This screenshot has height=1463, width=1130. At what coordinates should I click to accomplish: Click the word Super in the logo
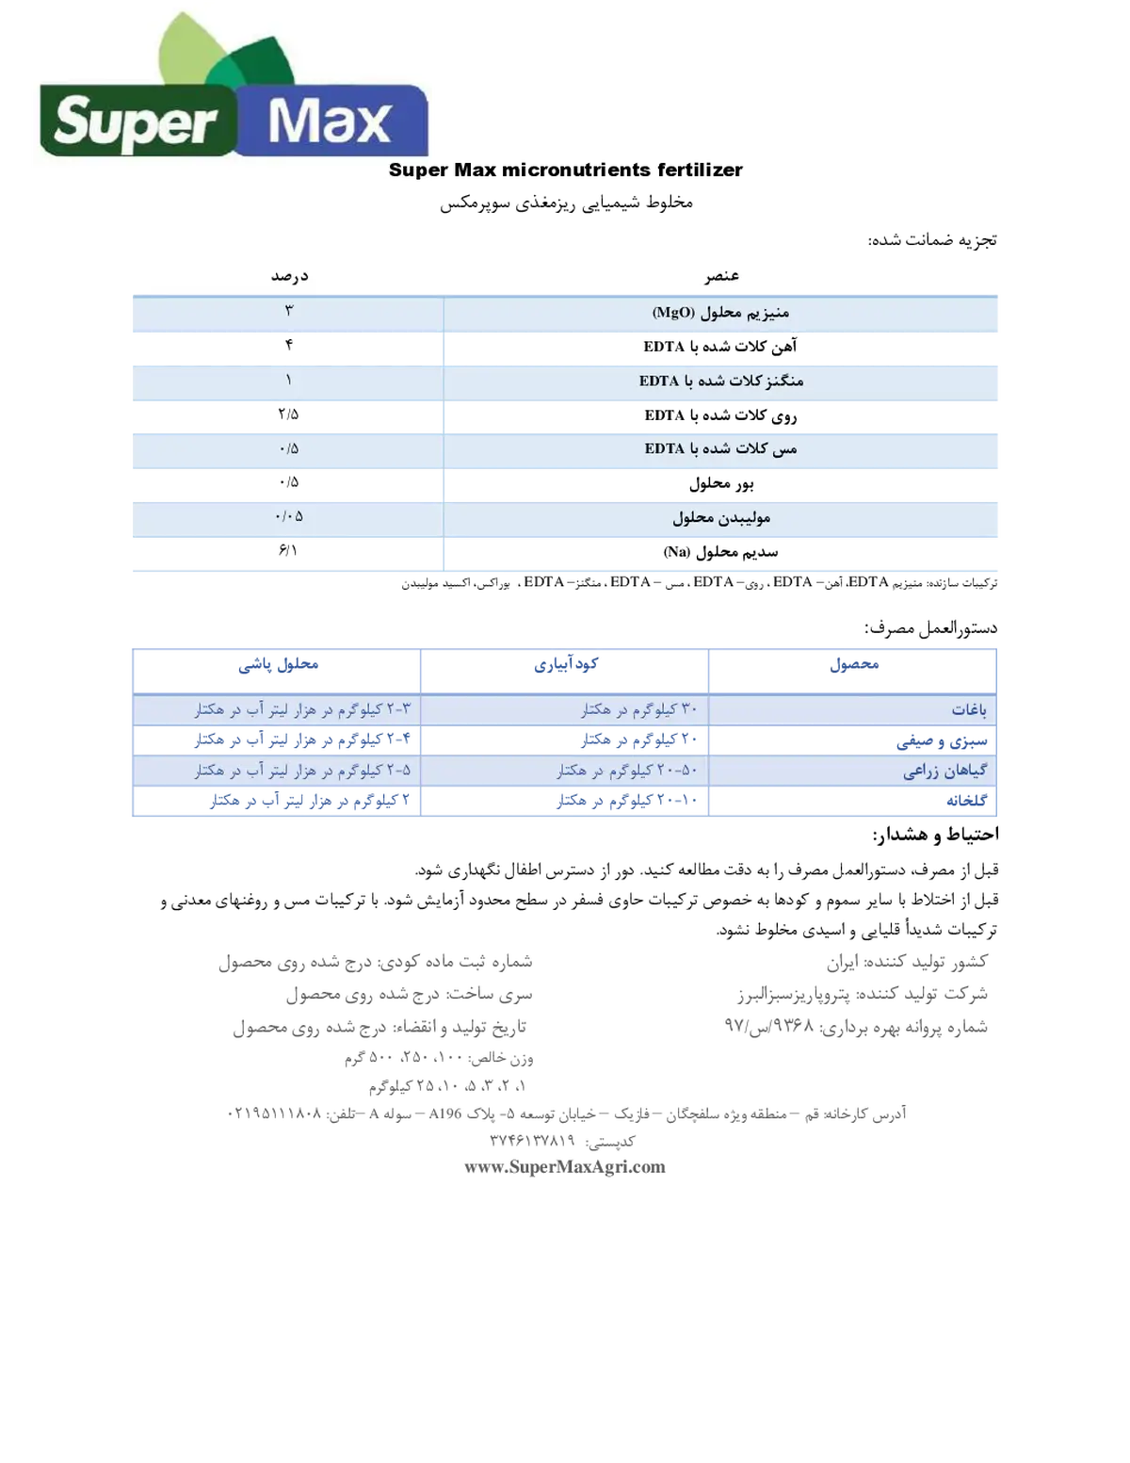click(136, 122)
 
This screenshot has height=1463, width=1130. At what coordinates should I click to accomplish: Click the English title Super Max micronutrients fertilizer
click(565, 170)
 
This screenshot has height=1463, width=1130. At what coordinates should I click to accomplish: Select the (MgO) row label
click(720, 313)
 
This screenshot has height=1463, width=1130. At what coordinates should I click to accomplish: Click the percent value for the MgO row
click(289, 311)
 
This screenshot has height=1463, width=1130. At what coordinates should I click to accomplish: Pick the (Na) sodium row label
click(720, 553)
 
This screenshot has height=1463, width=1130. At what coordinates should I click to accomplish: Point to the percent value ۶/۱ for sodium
click(287, 551)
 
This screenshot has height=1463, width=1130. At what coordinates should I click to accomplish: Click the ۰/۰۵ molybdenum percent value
click(289, 516)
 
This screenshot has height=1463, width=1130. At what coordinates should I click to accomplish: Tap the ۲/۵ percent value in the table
click(288, 415)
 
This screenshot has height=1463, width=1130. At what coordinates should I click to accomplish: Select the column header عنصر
click(721, 276)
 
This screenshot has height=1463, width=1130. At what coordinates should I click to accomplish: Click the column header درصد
click(289, 276)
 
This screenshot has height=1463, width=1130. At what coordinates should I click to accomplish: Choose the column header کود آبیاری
click(566, 664)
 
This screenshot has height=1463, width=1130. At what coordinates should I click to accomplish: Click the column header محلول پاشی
click(278, 664)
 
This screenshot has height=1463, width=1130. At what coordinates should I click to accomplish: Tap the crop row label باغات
click(969, 710)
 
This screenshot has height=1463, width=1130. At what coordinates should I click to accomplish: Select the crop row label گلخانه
click(966, 801)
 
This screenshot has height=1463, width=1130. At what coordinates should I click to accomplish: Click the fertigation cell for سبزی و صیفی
click(639, 740)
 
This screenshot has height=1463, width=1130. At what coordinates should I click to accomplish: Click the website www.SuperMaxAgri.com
click(565, 1167)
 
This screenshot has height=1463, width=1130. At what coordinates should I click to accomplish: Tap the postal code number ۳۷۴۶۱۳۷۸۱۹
click(532, 1140)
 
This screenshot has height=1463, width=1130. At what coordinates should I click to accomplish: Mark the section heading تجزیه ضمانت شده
click(932, 240)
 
